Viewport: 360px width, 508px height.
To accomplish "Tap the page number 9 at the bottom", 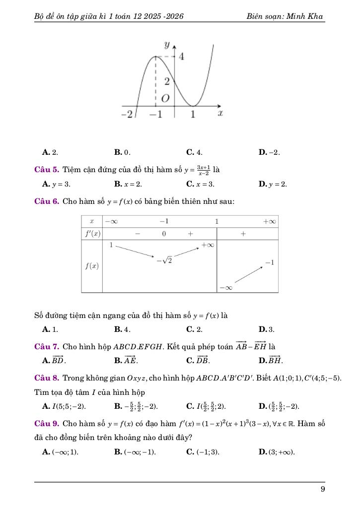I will [323, 489].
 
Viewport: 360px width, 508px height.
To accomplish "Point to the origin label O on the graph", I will [165, 99].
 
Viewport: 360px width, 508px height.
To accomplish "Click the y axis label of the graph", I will [167, 46].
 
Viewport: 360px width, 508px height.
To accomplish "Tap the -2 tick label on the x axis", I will [127, 115].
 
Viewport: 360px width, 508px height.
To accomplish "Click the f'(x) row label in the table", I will [92, 233].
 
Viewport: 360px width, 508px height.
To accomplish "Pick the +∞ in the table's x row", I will [270, 220].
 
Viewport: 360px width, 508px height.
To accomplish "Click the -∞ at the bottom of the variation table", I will [225, 287].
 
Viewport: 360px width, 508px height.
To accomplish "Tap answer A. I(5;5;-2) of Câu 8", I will [65, 407].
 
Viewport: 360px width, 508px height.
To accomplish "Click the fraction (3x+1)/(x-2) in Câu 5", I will [203, 170].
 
